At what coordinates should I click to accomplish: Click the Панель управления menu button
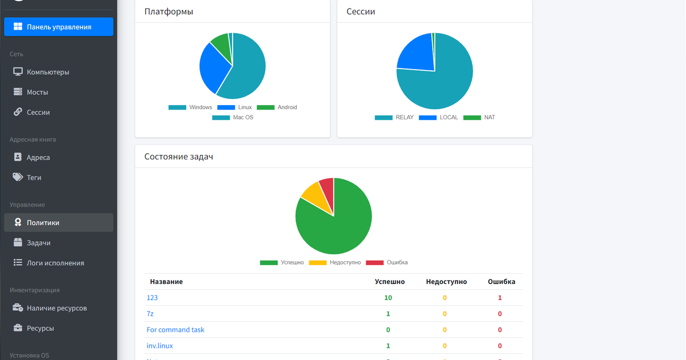point(58,27)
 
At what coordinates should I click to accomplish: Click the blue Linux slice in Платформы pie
point(213,67)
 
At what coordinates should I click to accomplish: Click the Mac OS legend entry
point(233,118)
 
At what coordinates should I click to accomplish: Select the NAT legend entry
point(479,118)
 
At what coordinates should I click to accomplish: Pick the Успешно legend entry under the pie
point(282,263)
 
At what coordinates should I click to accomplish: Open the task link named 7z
point(150,314)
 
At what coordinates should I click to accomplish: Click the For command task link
point(176,330)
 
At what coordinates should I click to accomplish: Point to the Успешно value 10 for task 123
point(388,298)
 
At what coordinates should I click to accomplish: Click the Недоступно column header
point(446,282)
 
